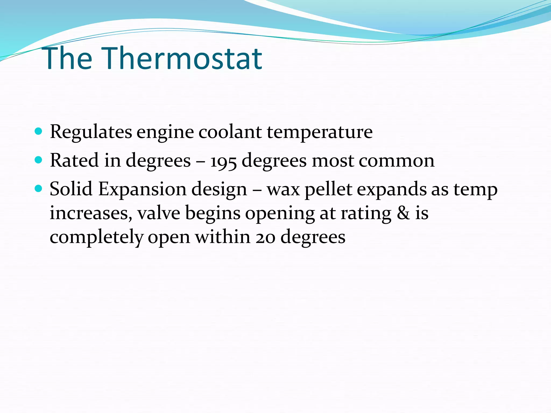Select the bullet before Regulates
click(x=39, y=131)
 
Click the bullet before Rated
click(x=39, y=160)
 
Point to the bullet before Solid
click(x=39, y=189)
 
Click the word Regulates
click(x=91, y=132)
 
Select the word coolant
click(x=230, y=132)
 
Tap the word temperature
click(x=320, y=132)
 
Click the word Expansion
click(x=142, y=189)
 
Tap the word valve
click(x=159, y=213)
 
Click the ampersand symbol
click(x=403, y=213)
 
